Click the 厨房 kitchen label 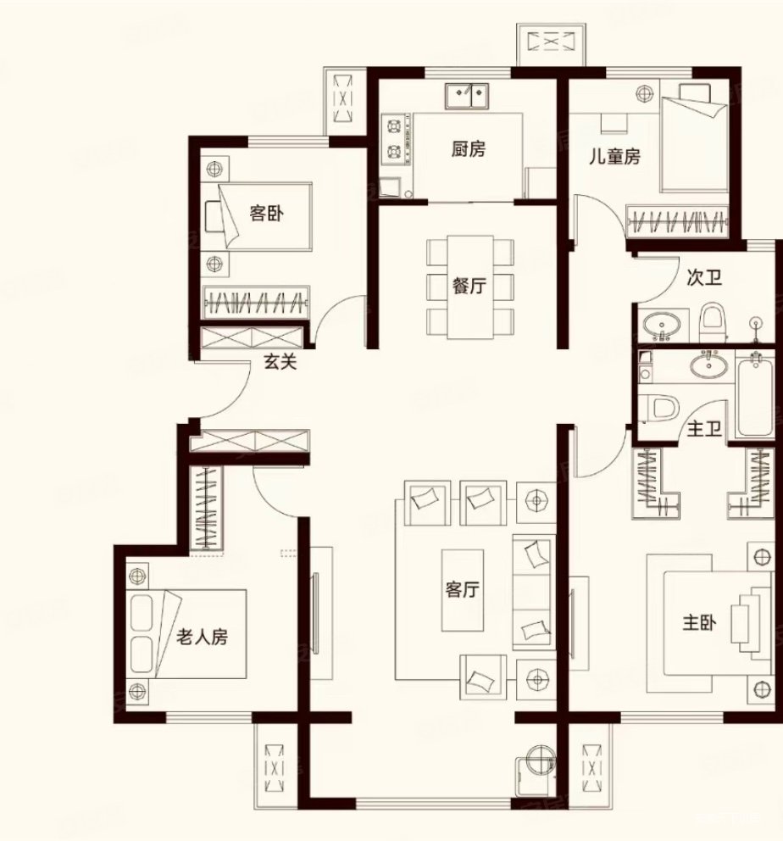coord(468,149)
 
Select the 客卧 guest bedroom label coord(265,214)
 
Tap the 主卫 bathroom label coord(703,430)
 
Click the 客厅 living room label coord(461,590)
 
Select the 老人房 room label coord(202,637)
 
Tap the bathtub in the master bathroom coord(754,394)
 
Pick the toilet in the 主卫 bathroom coord(660,407)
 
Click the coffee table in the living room coord(462,591)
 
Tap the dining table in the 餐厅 coord(469,287)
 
